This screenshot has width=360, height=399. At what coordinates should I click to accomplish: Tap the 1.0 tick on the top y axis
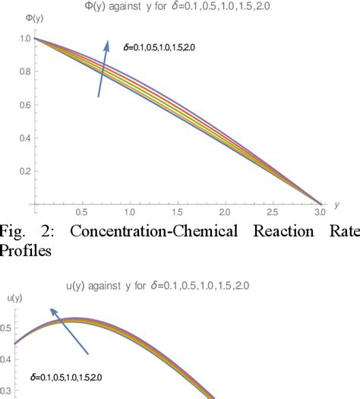tap(25, 38)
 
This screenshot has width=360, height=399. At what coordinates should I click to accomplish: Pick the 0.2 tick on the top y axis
tap(25, 172)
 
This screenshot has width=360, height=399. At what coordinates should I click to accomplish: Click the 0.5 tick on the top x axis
tap(81, 214)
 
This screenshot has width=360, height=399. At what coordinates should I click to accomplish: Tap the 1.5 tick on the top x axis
tap(177, 214)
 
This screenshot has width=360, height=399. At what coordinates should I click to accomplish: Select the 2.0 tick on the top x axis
tap(225, 214)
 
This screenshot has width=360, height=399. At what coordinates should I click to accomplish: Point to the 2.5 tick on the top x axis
tap(273, 214)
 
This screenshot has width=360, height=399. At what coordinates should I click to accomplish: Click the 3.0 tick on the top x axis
tap(320, 214)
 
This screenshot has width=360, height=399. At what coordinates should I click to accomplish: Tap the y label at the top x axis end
tap(336, 204)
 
